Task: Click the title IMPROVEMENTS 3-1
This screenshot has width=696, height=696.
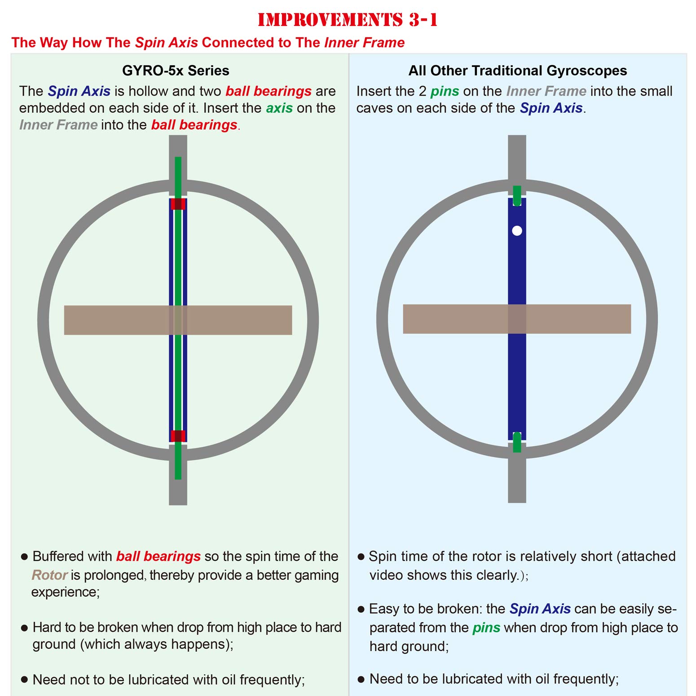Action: pyautogui.click(x=348, y=20)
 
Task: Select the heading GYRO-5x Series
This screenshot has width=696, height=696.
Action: pyautogui.click(x=176, y=70)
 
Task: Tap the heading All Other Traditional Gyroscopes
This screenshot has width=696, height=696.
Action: pyautogui.click(x=518, y=70)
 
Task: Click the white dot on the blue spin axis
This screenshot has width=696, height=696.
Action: pyautogui.click(x=517, y=230)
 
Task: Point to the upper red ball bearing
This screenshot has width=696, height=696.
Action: pyautogui.click(x=178, y=204)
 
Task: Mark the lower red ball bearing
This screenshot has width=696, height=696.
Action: pyautogui.click(x=178, y=436)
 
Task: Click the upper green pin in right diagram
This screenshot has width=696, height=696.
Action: pyautogui.click(x=517, y=195)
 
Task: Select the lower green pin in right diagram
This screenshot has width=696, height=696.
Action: pyautogui.click(x=517, y=442)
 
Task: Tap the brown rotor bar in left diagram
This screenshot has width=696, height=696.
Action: pyautogui.click(x=178, y=320)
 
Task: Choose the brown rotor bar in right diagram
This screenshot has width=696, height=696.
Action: pyautogui.click(x=517, y=319)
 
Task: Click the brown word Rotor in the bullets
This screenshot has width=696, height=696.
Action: pyautogui.click(x=49, y=575)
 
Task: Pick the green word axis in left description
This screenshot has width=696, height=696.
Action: pyautogui.click(x=279, y=108)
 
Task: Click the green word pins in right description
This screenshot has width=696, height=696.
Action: pyautogui.click(x=445, y=92)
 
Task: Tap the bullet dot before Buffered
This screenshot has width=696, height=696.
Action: pyautogui.click(x=24, y=557)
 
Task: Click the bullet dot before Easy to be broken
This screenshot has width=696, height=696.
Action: pyautogui.click(x=361, y=609)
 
